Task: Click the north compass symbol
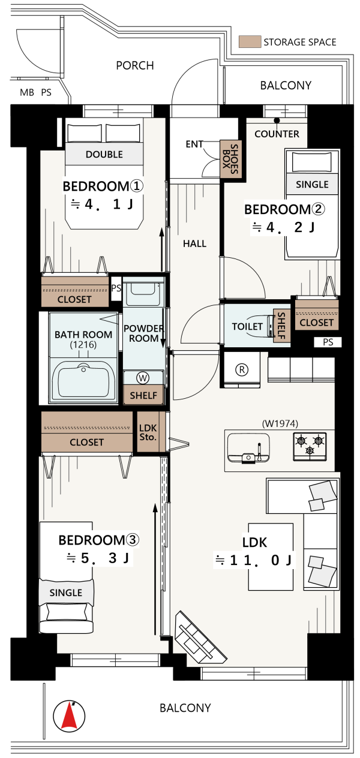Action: pyautogui.click(x=69, y=715)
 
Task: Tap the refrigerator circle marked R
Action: pyautogui.click(x=242, y=369)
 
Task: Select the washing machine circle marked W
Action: pyautogui.click(x=143, y=378)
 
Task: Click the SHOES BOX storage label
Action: pyautogui.click(x=230, y=159)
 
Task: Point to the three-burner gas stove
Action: pyautogui.click(x=310, y=446)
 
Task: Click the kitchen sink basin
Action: pyautogui.click(x=248, y=447)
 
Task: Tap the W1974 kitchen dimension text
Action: pyautogui.click(x=280, y=423)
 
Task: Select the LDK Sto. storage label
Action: pyautogui.click(x=148, y=432)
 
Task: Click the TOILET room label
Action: pyautogui.click(x=247, y=327)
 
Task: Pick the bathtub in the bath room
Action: pyautogui.click(x=83, y=381)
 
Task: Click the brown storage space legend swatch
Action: pyautogui.click(x=250, y=41)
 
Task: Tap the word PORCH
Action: pyautogui.click(x=135, y=65)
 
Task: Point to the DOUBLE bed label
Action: pyautogui.click(x=104, y=155)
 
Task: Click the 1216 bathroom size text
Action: pyautogui.click(x=83, y=345)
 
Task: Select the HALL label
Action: pyautogui.click(x=195, y=243)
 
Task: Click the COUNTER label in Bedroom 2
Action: pyautogui.click(x=277, y=134)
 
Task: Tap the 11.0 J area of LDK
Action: pyautogui.click(x=253, y=560)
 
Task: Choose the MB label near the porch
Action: pyautogui.click(x=27, y=92)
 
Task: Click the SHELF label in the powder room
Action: pyautogui.click(x=143, y=396)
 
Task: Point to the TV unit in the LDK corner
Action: pyautogui.click(x=200, y=638)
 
